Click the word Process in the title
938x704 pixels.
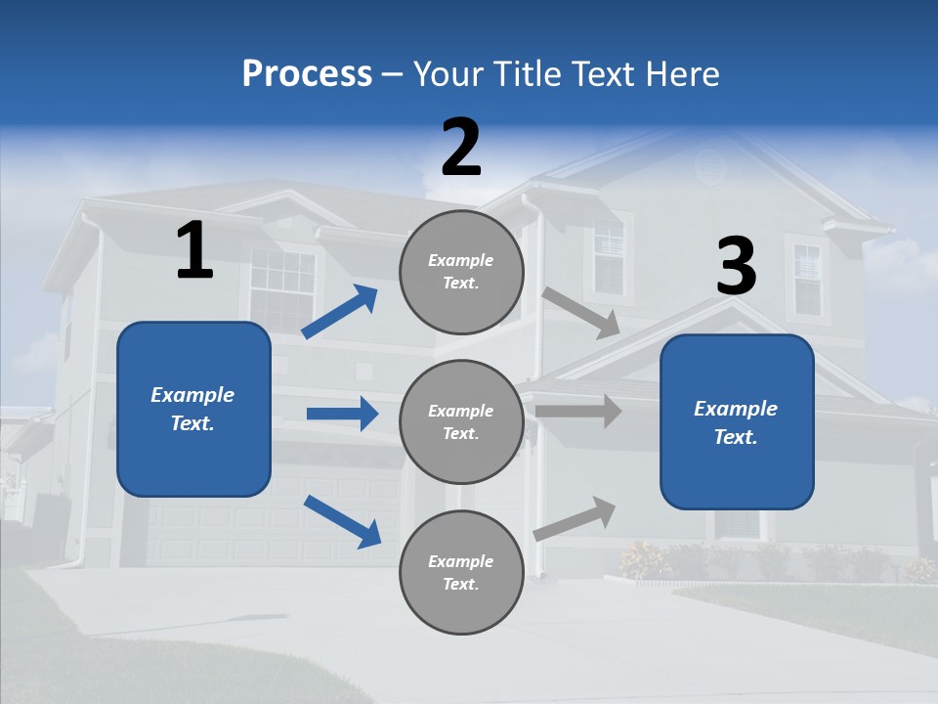tap(307, 74)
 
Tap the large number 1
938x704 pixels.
tap(194, 251)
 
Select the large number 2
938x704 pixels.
tap(461, 148)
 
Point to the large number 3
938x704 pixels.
tap(736, 267)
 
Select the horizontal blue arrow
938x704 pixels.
tap(342, 414)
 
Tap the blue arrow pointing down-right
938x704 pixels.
tap(342, 521)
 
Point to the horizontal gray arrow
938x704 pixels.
tap(578, 411)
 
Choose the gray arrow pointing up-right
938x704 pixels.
tap(576, 518)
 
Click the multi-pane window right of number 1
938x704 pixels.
tap(282, 288)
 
